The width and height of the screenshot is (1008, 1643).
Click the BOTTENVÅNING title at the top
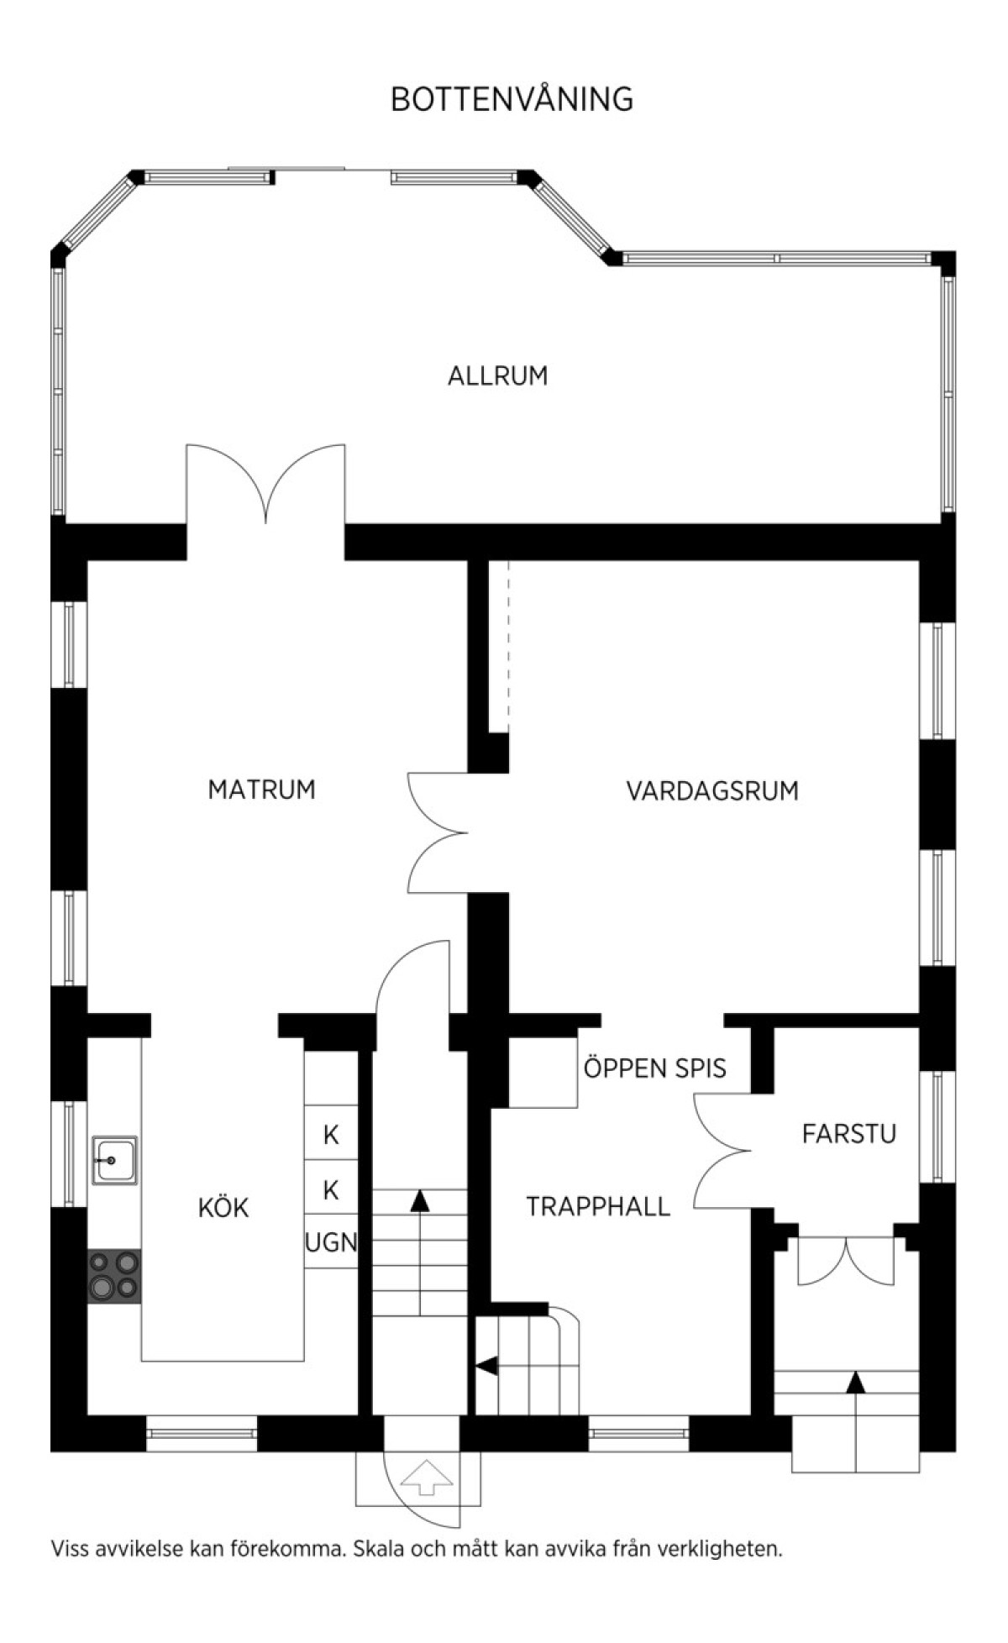(x=512, y=99)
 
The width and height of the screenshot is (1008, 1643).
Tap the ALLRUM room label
(x=497, y=375)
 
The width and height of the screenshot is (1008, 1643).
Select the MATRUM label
(x=261, y=790)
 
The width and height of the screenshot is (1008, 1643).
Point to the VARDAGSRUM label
(x=712, y=790)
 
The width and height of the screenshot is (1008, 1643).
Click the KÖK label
(x=223, y=1207)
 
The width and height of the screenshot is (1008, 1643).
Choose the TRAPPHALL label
(x=598, y=1207)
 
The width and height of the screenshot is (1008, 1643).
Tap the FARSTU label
(x=849, y=1134)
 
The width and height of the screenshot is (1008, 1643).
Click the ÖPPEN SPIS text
(x=655, y=1068)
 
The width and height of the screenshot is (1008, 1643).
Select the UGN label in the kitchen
(x=331, y=1242)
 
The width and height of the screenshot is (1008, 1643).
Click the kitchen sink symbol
(x=114, y=1161)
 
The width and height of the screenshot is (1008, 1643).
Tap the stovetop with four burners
(x=114, y=1276)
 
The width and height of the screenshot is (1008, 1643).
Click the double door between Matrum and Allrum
(x=265, y=483)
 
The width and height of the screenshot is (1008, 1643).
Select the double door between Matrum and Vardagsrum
(x=438, y=832)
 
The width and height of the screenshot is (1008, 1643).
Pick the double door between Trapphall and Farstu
(x=722, y=1151)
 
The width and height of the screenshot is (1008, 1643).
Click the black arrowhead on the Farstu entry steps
(x=855, y=1382)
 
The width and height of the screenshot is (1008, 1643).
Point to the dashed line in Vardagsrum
(x=508, y=647)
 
